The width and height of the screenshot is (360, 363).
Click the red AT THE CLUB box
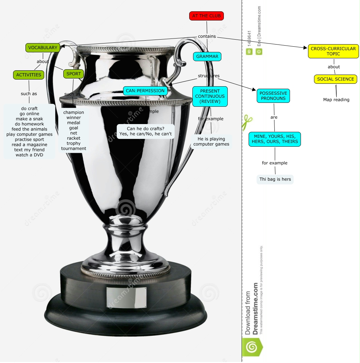(207, 16)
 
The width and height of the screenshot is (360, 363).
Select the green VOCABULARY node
(43, 48)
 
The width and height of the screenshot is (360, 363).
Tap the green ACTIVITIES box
(29, 75)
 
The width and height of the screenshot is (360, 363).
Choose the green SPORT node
(74, 74)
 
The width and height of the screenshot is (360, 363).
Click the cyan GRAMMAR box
(207, 56)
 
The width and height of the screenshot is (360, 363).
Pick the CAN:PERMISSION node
(145, 91)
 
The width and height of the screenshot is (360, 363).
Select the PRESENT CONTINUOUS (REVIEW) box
(210, 96)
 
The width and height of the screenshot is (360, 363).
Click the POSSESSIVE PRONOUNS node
(273, 96)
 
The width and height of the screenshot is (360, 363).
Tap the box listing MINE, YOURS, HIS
(275, 139)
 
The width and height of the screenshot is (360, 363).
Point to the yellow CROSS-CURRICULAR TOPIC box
(333, 51)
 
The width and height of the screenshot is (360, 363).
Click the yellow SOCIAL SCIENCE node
(336, 79)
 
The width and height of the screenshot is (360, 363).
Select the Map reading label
(336, 100)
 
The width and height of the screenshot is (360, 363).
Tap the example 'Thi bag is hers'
(275, 179)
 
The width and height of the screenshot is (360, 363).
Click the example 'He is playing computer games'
(211, 141)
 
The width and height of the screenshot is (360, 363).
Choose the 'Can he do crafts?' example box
(146, 131)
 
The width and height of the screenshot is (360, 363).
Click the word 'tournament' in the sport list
(74, 148)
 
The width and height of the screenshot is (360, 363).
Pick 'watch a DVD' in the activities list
(29, 155)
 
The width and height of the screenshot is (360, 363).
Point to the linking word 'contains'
(207, 36)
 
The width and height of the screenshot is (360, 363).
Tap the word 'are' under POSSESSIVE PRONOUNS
(274, 117)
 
